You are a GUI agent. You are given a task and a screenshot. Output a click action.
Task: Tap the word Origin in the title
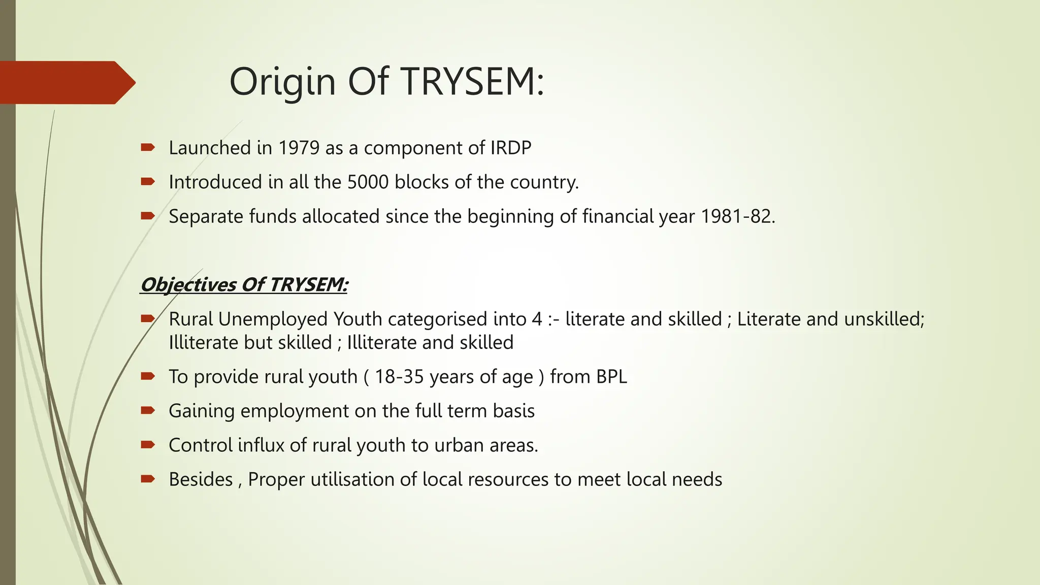282,82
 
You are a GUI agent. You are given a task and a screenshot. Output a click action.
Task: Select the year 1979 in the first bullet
299,148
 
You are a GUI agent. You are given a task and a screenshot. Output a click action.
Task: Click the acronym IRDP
510,148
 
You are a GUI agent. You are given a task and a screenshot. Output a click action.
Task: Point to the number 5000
368,182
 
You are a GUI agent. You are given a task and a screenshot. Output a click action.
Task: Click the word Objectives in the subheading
188,284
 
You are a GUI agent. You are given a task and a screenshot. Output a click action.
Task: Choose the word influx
261,445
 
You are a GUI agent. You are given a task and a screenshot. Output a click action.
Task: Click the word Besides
201,479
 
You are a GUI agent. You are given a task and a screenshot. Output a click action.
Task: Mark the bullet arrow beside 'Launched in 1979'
148,148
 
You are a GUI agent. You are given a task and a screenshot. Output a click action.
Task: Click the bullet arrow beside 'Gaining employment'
148,410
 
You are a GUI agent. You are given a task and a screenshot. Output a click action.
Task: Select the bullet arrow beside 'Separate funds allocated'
148,216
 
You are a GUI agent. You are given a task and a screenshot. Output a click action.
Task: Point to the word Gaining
202,411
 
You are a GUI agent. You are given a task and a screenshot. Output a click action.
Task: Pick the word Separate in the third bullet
206,216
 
